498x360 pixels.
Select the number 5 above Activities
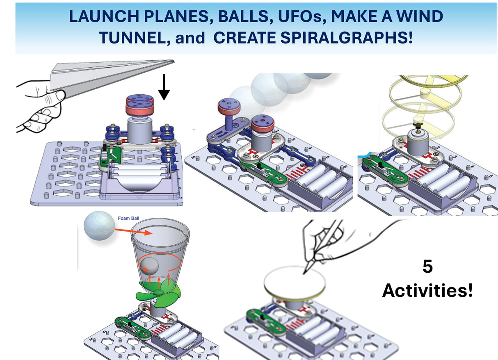[x=427, y=267]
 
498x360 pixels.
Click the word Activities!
[x=427, y=291]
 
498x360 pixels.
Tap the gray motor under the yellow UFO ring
[x=417, y=144]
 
